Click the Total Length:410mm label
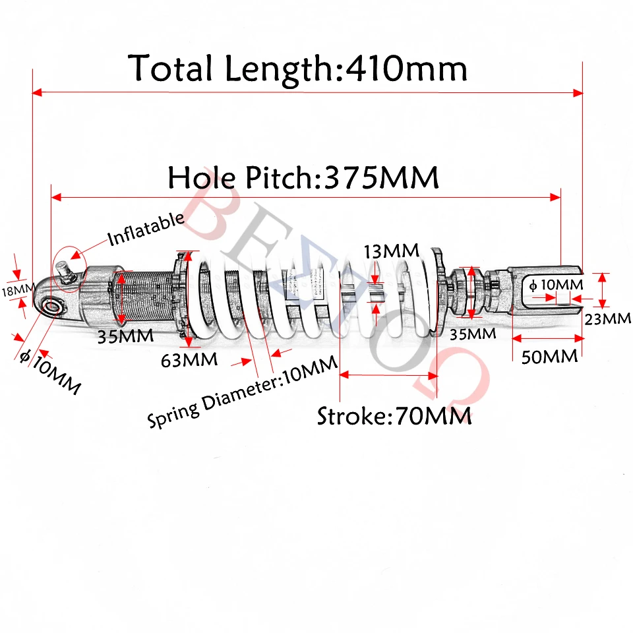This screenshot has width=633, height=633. [x=298, y=69]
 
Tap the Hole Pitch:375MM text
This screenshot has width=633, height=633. [x=303, y=178]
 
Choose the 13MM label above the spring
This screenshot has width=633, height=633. [x=392, y=251]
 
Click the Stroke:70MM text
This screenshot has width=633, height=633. [x=394, y=416]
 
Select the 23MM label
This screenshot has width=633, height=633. [x=608, y=318]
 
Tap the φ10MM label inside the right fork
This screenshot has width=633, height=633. [x=556, y=285]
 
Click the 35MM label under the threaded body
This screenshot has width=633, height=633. [x=125, y=336]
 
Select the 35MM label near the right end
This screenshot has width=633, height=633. [x=472, y=334]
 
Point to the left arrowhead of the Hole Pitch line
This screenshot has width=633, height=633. [x=56, y=196]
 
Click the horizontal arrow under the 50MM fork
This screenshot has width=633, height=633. [x=549, y=338]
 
